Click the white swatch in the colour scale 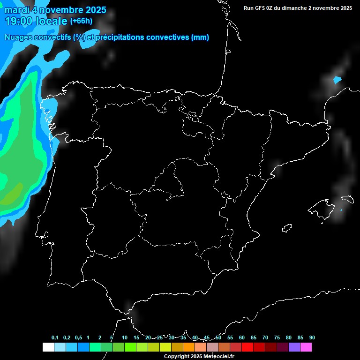pos(48,347)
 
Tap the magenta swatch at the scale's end pos(306,347)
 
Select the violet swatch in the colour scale pos(294,347)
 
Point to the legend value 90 pos(312,338)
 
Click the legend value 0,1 pos(55,338)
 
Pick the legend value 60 pos(241,338)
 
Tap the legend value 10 pos(124,338)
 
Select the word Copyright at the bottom pos(177,357)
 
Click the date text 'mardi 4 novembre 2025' pos(55,10)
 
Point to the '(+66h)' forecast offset pos(81,21)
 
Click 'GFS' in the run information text pos(262,8)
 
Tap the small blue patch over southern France pos(337,80)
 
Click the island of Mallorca pos(324,207)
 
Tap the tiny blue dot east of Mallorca pos(341,210)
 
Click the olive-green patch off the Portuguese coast pos(13,194)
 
